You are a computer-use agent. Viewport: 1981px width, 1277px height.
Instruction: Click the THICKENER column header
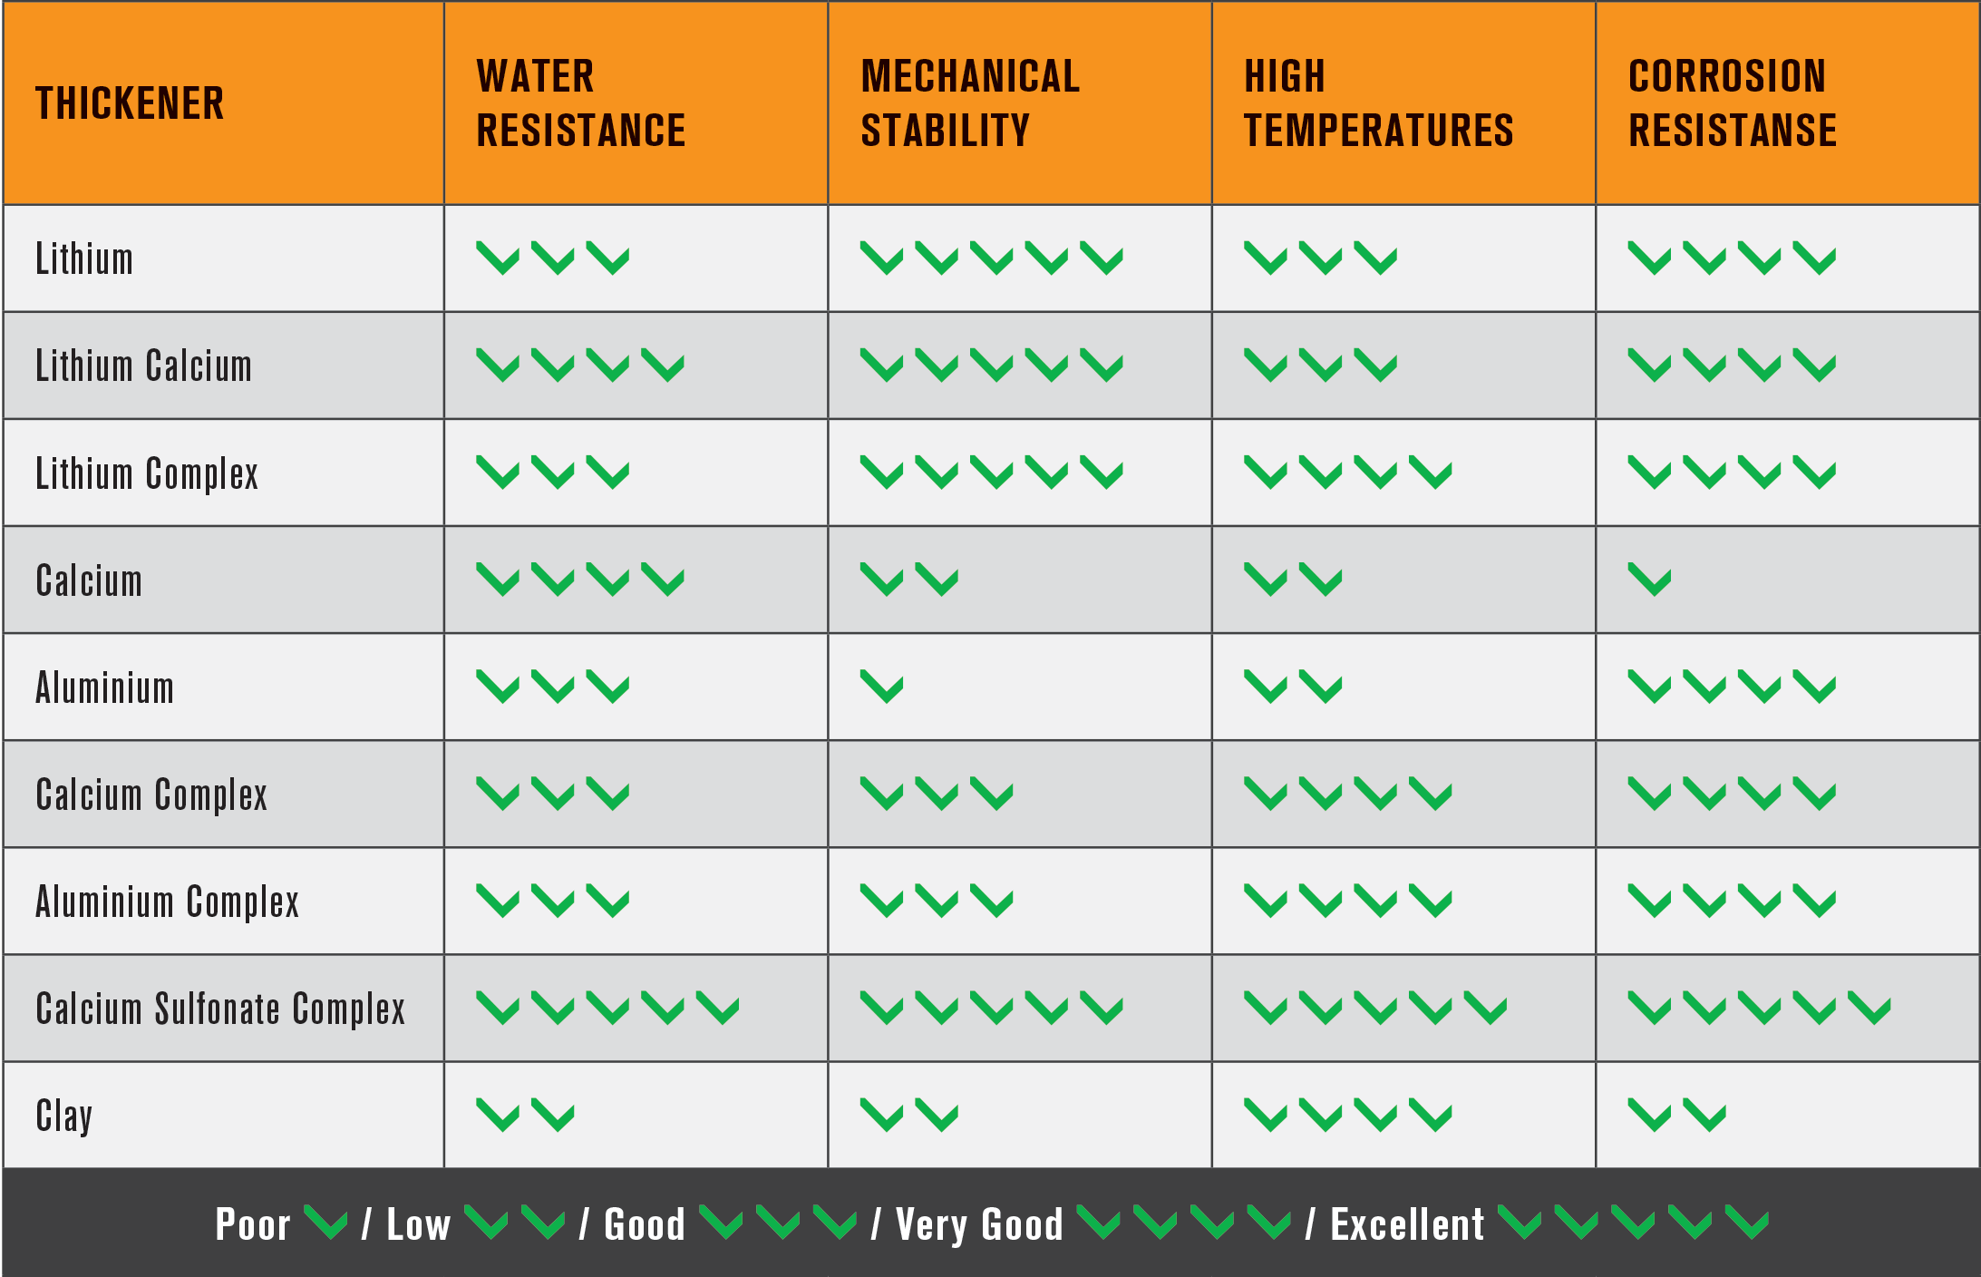coord(130,103)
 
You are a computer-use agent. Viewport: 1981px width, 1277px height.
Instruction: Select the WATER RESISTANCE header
coord(580,103)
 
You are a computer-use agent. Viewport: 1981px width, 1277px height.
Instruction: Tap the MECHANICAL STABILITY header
coord(969,103)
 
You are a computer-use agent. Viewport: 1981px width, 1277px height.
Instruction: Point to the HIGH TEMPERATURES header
coord(1378,103)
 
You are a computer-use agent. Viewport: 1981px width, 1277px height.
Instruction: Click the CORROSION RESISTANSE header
coord(1732,103)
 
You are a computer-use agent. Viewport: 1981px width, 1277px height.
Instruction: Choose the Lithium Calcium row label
coord(143,366)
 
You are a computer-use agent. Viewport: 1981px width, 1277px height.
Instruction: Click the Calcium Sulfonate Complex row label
coord(220,1009)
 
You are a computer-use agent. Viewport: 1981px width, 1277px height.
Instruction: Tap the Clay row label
coord(63,1116)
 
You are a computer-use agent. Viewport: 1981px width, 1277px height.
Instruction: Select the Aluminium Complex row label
coord(167,902)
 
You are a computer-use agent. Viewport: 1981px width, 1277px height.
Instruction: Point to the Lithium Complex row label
coord(147,473)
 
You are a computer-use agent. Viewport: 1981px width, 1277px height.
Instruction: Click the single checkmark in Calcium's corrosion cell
coord(1649,580)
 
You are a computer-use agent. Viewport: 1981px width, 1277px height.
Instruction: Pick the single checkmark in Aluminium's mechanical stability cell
coord(882,687)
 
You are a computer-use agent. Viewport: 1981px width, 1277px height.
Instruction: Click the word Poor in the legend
coord(252,1224)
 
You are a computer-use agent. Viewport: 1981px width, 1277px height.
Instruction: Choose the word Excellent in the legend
coord(1407,1224)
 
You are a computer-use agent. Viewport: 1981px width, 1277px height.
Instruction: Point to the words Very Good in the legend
coord(979,1224)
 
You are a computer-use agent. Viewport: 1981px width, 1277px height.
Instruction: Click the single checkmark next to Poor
coord(325,1223)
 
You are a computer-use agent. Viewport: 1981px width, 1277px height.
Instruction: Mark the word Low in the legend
coord(418,1224)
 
